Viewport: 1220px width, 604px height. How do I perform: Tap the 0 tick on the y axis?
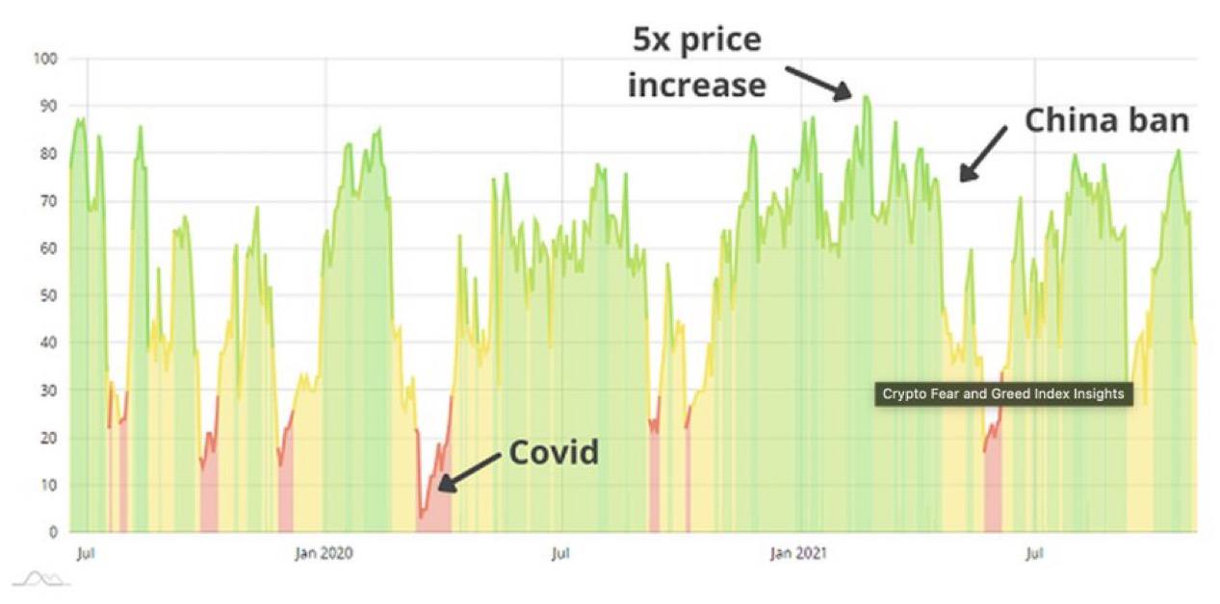[53, 533]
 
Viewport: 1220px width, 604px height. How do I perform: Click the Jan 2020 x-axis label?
[324, 554]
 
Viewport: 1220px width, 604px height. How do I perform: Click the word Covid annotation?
[554, 452]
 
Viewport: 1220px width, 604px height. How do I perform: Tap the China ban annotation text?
[1106, 121]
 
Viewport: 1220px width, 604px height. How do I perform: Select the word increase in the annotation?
[697, 85]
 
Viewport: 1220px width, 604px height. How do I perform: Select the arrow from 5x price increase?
[819, 82]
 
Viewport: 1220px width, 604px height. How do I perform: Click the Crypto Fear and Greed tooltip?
[1001, 394]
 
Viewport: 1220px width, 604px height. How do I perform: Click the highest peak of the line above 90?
[866, 96]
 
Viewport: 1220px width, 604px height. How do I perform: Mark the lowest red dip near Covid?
[421, 517]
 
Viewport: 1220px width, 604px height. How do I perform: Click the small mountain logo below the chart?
[41, 578]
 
